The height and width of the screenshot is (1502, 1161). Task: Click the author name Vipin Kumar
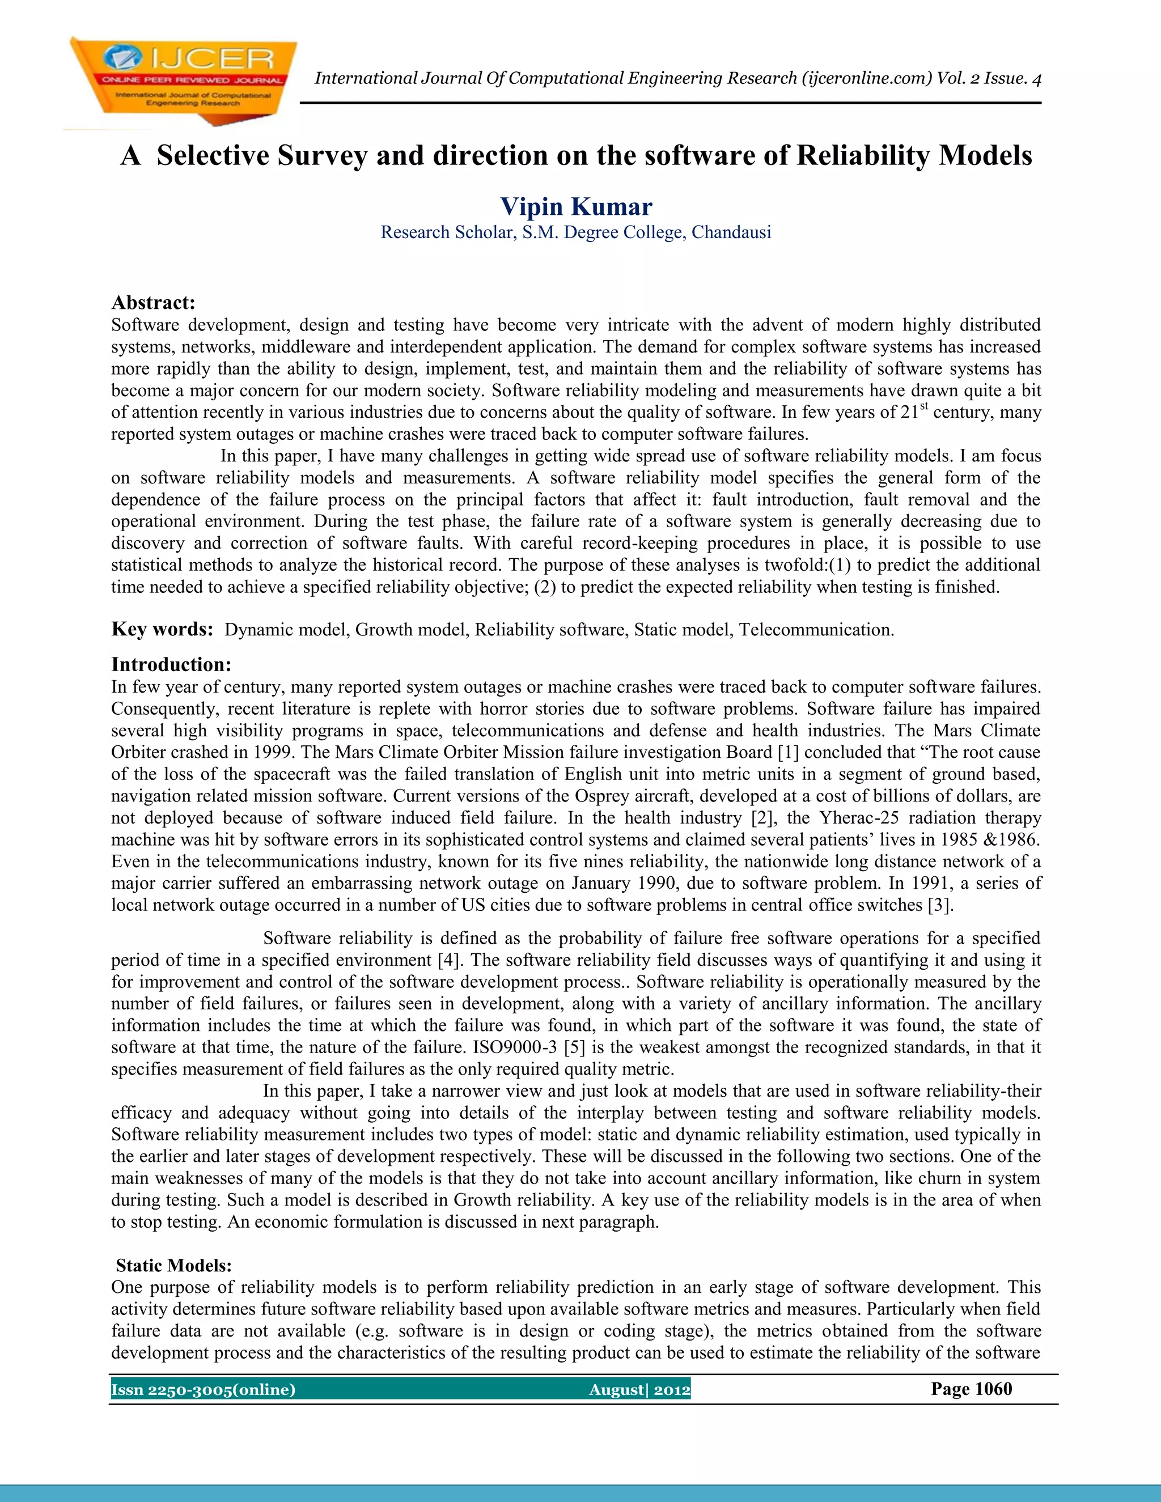(576, 206)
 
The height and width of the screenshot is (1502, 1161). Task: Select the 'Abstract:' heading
(154, 303)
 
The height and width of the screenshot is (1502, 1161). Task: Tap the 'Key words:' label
(162, 629)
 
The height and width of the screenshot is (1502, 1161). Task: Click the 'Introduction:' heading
(171, 664)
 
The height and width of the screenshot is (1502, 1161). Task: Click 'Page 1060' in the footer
(971, 1389)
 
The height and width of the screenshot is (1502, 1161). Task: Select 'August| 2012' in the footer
(639, 1390)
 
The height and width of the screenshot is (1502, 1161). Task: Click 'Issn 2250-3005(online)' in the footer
(204, 1390)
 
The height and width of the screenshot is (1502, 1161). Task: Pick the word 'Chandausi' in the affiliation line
(731, 232)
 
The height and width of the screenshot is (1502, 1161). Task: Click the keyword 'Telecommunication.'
(816, 630)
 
